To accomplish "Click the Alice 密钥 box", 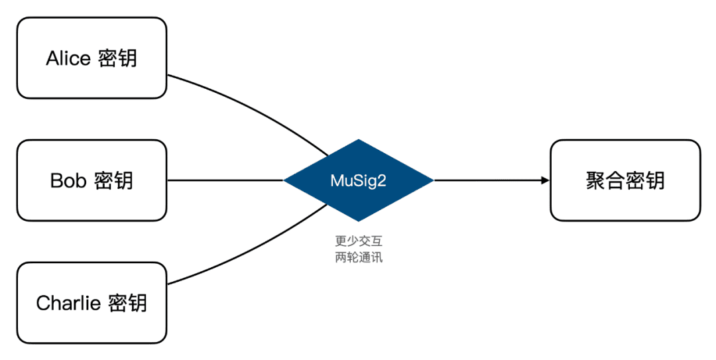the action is click(x=91, y=58).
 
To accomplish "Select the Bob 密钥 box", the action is click(x=91, y=180).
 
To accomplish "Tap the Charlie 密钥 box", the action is click(x=91, y=303).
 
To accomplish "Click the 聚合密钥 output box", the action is click(x=625, y=180).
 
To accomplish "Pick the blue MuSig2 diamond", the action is click(x=359, y=180).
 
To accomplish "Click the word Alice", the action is click(x=68, y=58).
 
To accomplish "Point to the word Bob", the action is click(x=68, y=181).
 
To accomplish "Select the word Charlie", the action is click(x=68, y=303).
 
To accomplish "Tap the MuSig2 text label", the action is click(x=359, y=180).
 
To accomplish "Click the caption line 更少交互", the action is click(x=359, y=241).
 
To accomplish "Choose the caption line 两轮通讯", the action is click(x=359, y=257).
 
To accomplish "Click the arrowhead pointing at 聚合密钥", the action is click(x=545, y=180).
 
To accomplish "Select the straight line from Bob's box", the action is click(x=225, y=180).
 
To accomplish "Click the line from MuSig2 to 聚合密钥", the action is click(x=491, y=180).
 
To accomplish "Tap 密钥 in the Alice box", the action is click(x=117, y=58).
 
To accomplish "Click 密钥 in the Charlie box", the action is click(x=128, y=303).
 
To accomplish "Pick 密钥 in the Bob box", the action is click(x=114, y=181).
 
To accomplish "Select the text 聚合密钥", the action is click(x=625, y=180).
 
